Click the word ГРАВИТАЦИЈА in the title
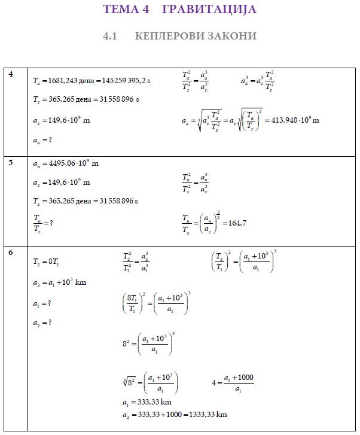(209, 10)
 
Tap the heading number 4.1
(109, 36)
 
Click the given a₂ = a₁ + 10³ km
(60, 282)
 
